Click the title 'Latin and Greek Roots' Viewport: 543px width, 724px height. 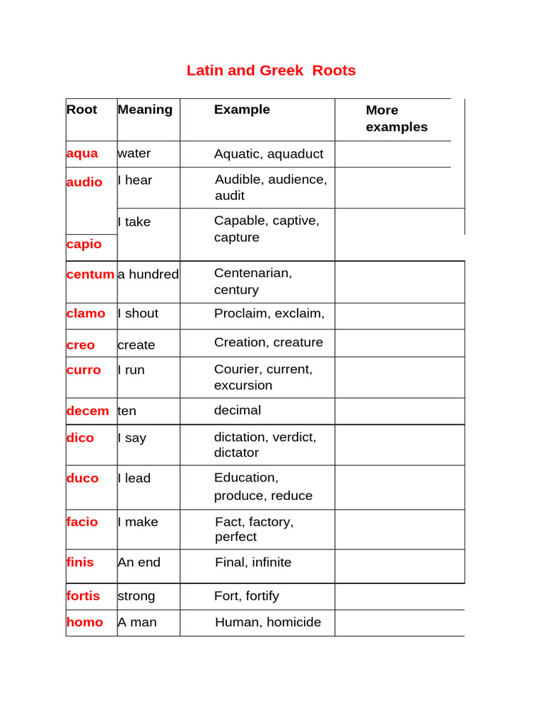(x=271, y=71)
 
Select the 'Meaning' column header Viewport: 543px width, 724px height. (x=145, y=110)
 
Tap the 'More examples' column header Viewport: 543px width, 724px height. (x=397, y=119)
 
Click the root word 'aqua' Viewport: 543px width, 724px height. (x=82, y=153)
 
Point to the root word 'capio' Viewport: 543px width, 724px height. (x=84, y=244)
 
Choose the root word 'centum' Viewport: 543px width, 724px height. (x=90, y=274)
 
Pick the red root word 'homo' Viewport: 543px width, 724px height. (x=85, y=622)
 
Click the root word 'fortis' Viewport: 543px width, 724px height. (x=83, y=596)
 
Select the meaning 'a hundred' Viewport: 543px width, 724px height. (x=148, y=274)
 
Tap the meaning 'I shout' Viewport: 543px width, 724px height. (x=138, y=313)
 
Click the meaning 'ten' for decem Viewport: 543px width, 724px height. (x=127, y=411)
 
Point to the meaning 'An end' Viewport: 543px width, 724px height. (x=139, y=562)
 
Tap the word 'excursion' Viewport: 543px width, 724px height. (x=243, y=385)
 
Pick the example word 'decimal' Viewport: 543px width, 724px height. (x=238, y=410)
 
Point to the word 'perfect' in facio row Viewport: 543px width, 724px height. (x=236, y=537)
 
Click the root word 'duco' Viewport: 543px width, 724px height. (x=83, y=478)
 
